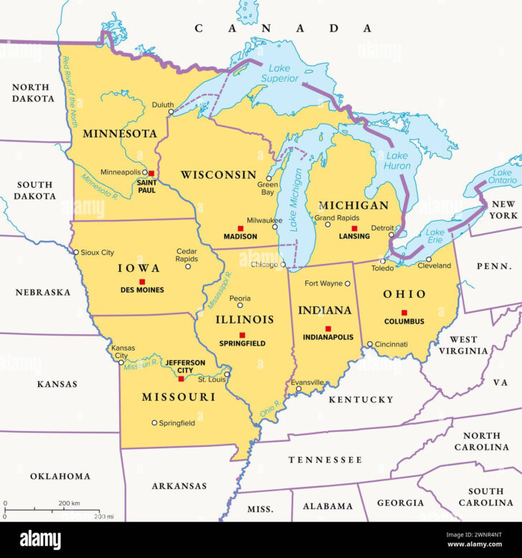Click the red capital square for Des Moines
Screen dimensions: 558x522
[142, 282]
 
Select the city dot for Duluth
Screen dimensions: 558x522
[171, 112]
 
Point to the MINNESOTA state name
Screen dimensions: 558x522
[120, 133]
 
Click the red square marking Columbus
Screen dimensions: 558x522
[404, 312]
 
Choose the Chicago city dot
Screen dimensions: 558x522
[284, 265]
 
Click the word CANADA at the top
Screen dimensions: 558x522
[284, 28]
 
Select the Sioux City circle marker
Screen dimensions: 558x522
[76, 252]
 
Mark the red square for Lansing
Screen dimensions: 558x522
[353, 228]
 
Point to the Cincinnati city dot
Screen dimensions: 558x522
[370, 344]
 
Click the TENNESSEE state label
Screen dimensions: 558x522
[325, 459]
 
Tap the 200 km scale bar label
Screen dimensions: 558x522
[70, 503]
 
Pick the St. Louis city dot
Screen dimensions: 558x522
[227, 374]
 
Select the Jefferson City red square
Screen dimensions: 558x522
[181, 379]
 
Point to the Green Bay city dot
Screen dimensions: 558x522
[269, 178]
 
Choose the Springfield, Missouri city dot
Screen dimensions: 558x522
[154, 423]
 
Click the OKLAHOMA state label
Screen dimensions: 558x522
[60, 476]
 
